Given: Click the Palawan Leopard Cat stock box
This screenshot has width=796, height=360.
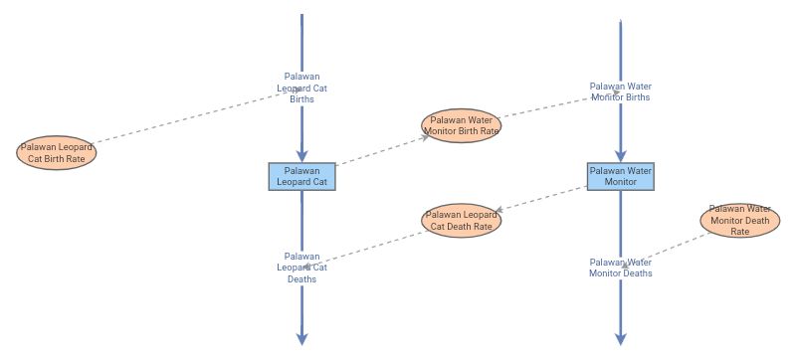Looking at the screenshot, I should [301, 176].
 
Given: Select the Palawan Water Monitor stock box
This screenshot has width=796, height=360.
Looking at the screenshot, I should [620, 176].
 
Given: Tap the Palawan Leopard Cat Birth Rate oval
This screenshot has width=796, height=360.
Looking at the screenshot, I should [57, 153].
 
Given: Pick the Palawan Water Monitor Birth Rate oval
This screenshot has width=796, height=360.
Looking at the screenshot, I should [461, 124].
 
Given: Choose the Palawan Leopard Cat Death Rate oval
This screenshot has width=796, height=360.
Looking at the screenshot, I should [461, 220].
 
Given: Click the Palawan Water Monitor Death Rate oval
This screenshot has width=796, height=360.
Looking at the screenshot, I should [739, 220].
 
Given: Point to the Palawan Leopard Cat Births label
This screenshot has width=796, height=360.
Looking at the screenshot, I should [301, 88].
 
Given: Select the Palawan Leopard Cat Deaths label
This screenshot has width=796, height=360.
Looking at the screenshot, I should [301, 268].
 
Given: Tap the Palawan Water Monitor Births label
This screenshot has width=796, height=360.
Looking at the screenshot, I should [620, 91].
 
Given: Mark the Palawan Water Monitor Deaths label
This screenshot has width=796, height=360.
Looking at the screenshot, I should [620, 268].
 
